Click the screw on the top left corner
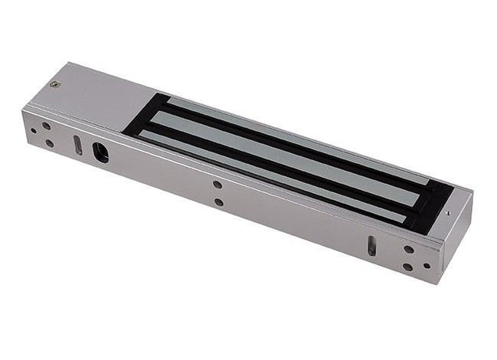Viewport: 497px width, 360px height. pyautogui.click(x=54, y=84)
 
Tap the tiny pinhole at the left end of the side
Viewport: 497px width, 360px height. pyautogui.click(x=34, y=131)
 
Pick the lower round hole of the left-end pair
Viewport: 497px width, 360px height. pyautogui.click(x=50, y=143)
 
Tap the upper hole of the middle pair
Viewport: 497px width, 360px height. pyautogui.click(x=218, y=185)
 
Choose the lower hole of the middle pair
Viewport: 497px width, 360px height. pyautogui.click(x=219, y=202)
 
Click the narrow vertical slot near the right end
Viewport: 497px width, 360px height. pyautogui.click(x=371, y=245)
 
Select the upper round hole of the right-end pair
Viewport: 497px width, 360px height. pyautogui.click(x=409, y=249)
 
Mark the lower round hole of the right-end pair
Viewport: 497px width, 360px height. pyautogui.click(x=407, y=267)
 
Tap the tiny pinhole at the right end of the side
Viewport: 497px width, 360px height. pyautogui.click(x=427, y=266)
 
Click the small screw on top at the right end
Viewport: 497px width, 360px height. pyautogui.click(x=447, y=214)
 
